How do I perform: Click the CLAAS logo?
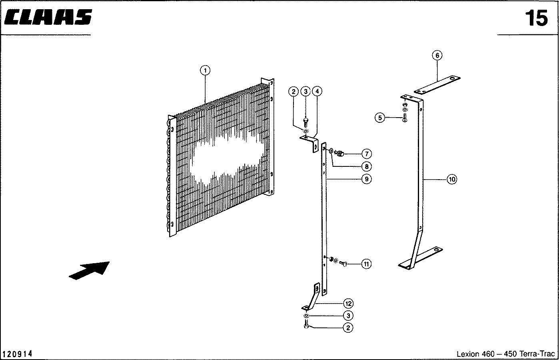point(48,17)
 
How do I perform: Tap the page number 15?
point(536,18)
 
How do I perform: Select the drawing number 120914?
point(17,354)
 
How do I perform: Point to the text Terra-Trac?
point(537,354)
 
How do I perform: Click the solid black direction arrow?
point(89,270)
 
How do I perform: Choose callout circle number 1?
point(205,70)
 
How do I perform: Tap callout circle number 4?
point(317,91)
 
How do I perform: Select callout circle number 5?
point(380,118)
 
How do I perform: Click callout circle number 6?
point(437,56)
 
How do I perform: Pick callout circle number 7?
point(367,154)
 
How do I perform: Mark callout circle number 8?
point(367,166)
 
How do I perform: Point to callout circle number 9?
point(367,179)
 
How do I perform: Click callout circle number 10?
point(452,179)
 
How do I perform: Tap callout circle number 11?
point(366,264)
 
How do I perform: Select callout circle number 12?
point(348,304)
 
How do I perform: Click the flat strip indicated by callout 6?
point(437,85)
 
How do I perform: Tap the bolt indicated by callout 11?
point(343,263)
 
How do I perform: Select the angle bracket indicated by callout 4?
point(310,142)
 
